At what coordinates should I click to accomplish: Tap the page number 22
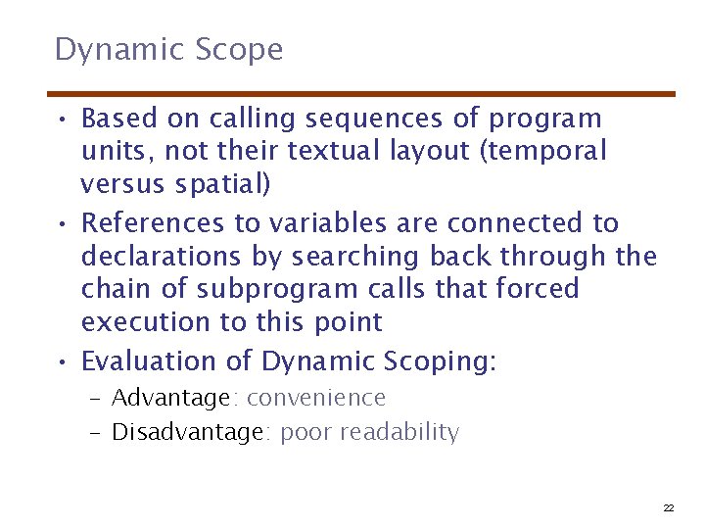(x=669, y=507)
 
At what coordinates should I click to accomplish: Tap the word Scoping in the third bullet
(x=442, y=361)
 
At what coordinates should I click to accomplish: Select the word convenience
(x=316, y=398)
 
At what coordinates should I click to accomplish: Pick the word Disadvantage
(x=187, y=432)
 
